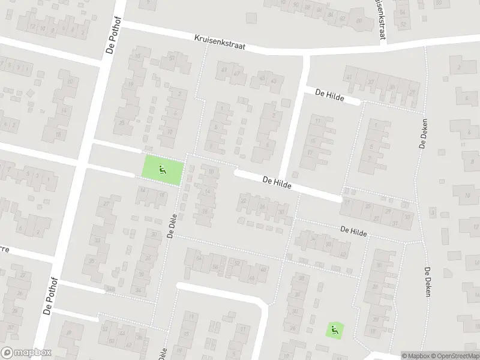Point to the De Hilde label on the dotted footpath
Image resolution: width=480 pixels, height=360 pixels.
coord(353,230)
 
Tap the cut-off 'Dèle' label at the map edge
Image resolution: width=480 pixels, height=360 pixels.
coord(162,352)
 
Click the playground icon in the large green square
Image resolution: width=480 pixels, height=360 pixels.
coord(161,169)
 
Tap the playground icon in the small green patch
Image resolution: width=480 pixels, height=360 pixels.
coord(334,329)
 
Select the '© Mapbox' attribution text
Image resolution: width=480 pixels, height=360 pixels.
coord(415,355)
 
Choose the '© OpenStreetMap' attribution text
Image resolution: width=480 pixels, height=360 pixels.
coord(455,355)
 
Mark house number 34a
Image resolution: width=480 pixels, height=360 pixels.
coord(109,289)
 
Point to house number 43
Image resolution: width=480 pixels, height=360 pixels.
coord(273,80)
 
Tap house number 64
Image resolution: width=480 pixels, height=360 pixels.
coord(199,258)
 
